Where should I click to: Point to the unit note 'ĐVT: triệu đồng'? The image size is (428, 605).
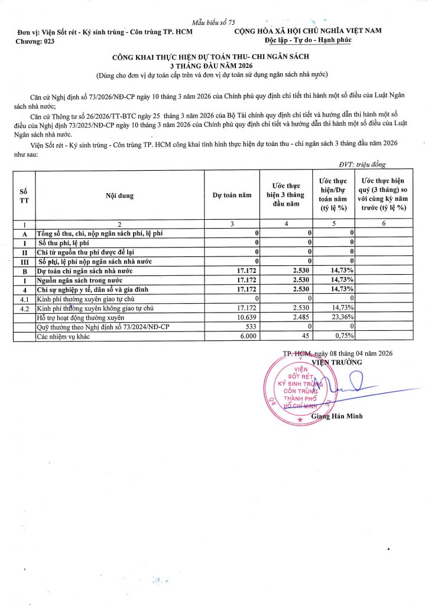(362, 165)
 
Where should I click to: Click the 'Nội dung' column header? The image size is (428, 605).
(120, 196)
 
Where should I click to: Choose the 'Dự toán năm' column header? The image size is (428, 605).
(232, 196)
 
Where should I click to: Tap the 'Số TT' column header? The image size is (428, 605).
(24, 196)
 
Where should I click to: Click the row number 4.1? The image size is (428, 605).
(24, 299)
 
